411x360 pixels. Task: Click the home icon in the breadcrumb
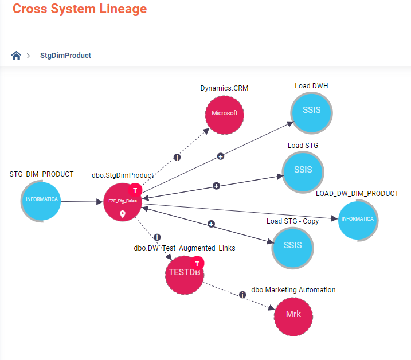point(16,56)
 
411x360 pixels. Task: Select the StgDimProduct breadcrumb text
point(65,56)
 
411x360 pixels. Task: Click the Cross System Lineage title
point(80,9)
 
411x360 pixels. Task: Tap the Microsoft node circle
point(224,114)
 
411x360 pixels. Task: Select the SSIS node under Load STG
point(303,170)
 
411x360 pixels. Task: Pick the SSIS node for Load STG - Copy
point(292,245)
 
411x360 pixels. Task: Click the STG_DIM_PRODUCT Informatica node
point(41,200)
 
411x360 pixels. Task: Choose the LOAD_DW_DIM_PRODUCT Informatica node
point(358,219)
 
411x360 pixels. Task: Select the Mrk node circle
point(293,315)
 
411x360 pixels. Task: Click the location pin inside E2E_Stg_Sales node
point(122,214)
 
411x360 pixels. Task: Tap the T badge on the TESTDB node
point(197,263)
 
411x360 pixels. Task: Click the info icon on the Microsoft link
point(177,158)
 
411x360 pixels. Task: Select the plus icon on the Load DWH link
point(220,156)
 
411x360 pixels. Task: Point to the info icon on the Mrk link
point(242,295)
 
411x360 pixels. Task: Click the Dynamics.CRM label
point(224,88)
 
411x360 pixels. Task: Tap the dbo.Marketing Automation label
point(293,290)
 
